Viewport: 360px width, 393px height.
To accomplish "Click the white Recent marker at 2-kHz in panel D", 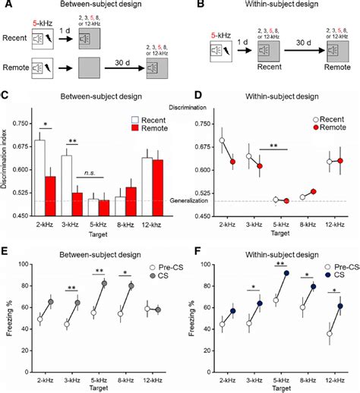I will pyautogui.click(x=222, y=140).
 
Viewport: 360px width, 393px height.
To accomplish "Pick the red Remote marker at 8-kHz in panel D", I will pyautogui.click(x=313, y=192).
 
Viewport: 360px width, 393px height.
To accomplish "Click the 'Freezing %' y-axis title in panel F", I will pyautogui.click(x=191, y=311).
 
